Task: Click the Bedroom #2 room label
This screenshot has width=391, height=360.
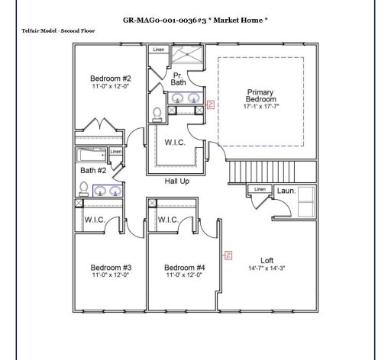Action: pyautogui.click(x=111, y=79)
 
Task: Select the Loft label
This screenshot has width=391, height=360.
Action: pyautogui.click(x=267, y=260)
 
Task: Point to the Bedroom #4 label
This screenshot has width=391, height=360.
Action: pyautogui.click(x=185, y=268)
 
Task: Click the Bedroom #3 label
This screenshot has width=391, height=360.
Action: pyautogui.click(x=111, y=268)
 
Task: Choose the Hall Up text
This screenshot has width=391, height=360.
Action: pyautogui.click(x=177, y=181)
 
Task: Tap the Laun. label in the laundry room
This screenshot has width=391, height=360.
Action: pyautogui.click(x=286, y=191)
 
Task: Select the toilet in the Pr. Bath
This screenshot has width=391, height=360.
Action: pyautogui.click(x=158, y=114)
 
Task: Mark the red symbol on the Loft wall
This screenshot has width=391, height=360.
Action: pyautogui.click(x=227, y=256)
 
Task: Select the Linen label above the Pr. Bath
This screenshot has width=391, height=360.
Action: pyautogui.click(x=158, y=50)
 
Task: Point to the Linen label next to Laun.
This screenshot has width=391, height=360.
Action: pyautogui.click(x=260, y=189)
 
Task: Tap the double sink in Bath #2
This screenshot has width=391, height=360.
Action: pyautogui.click(x=108, y=191)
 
